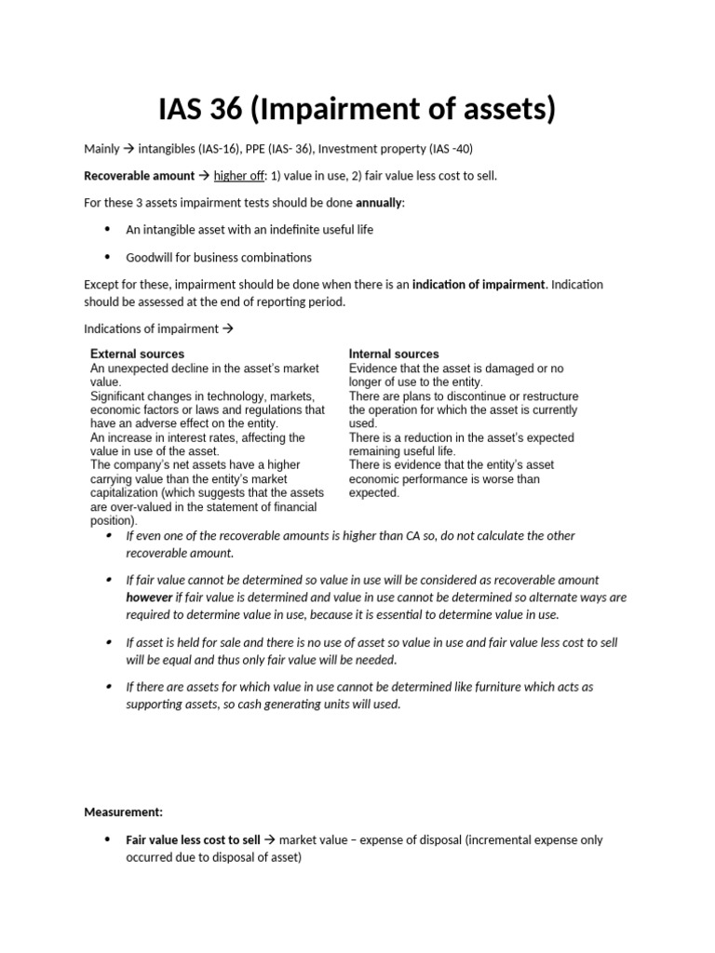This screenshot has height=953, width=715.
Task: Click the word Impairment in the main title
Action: pyautogui.click(x=363, y=109)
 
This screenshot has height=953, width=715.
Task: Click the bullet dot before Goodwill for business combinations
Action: pyautogui.click(x=106, y=256)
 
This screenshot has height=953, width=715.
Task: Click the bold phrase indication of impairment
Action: pyautogui.click(x=479, y=284)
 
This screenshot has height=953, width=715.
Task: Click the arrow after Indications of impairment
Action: pyautogui.click(x=224, y=329)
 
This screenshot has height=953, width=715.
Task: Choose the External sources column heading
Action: pyautogui.click(x=137, y=354)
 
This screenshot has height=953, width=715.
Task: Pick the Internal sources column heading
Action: pyautogui.click(x=394, y=354)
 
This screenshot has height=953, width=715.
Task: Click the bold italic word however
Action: pyautogui.click(x=149, y=597)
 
